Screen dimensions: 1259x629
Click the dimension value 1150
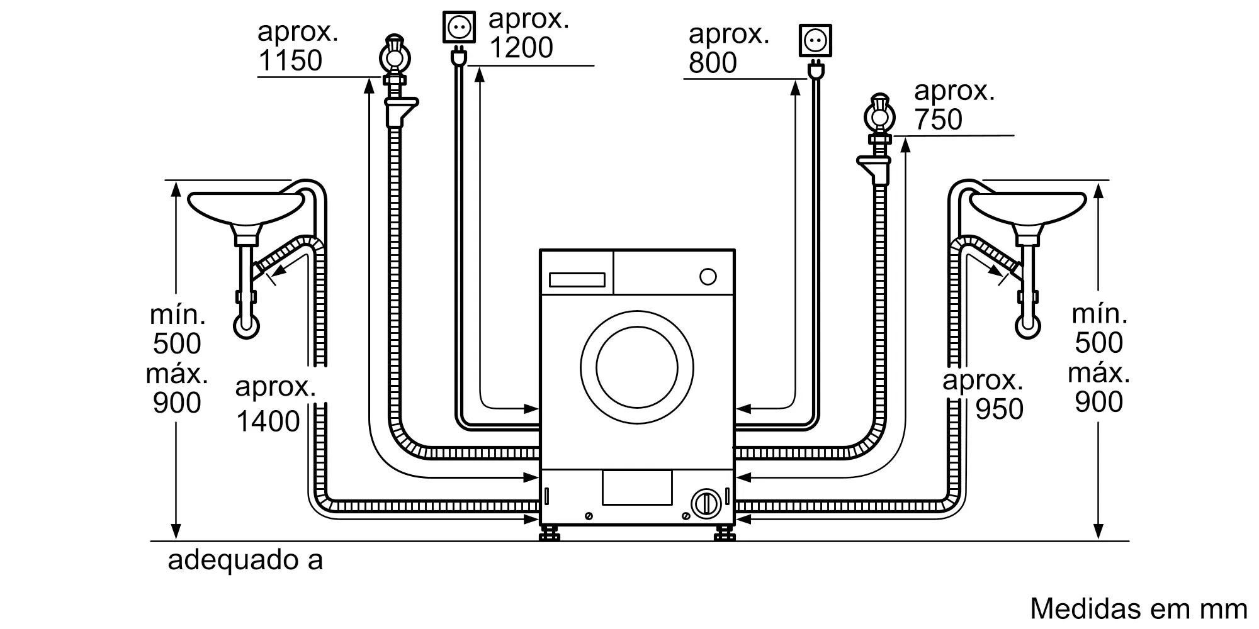pos(290,61)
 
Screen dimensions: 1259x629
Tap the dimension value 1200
pos(521,48)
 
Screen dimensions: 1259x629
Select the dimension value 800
pos(713,63)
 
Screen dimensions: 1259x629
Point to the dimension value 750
pos(938,120)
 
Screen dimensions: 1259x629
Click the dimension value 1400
pos(268,421)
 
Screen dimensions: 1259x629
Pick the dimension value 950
pos(999,409)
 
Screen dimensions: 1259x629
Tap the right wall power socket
pos(815,41)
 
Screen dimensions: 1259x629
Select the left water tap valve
pos(395,57)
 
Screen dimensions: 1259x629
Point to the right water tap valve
pos(880,116)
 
